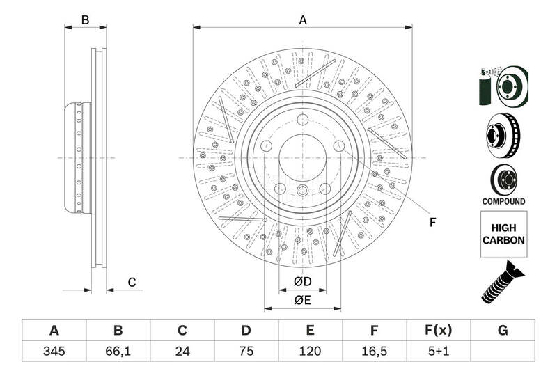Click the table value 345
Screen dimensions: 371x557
pos(54,351)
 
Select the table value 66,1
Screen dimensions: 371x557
pos(118,351)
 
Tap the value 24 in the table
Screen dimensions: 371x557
pos(182,351)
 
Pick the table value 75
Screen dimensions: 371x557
pos(246,351)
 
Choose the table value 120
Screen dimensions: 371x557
pos(310,351)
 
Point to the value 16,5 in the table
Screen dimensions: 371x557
pos(374,351)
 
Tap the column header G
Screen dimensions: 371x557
pos(503,330)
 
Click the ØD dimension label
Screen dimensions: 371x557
pos(301,281)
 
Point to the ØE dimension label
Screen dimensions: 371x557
pos(301,300)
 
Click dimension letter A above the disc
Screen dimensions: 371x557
pos(303,20)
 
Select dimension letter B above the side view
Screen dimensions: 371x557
pos(85,20)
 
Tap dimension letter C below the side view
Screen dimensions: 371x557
pos(131,282)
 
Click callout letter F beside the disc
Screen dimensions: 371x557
pos(432,223)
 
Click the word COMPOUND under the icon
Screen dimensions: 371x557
pos(503,201)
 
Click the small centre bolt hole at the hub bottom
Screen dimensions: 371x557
pos(302,191)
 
